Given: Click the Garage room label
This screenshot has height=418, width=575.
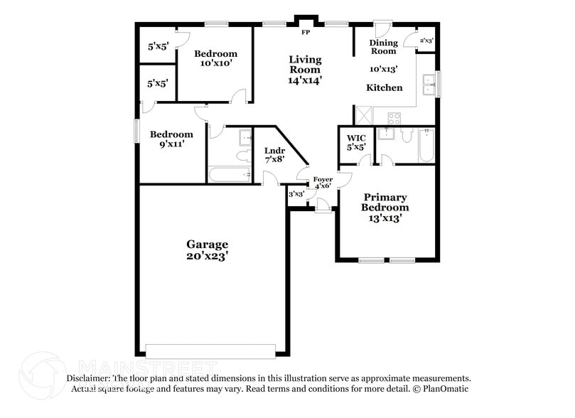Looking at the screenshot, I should click(x=208, y=245).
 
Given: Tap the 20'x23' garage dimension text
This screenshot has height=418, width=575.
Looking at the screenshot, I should click(x=208, y=257).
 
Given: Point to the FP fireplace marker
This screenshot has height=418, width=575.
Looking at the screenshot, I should click(x=306, y=33).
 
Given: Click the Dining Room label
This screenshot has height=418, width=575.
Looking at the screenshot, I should click(x=383, y=47).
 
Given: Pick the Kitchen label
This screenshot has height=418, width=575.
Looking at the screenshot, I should click(x=384, y=88).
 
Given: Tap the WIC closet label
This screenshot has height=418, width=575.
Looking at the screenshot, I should click(x=355, y=138).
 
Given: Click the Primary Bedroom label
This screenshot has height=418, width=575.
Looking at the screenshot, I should click(x=385, y=202).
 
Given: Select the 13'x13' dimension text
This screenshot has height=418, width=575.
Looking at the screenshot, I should click(x=385, y=219).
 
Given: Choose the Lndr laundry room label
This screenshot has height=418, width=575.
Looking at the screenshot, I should click(x=274, y=151).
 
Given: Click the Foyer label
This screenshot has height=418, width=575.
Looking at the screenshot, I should click(x=323, y=180).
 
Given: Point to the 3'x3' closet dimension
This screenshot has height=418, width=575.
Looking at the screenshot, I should click(x=296, y=193).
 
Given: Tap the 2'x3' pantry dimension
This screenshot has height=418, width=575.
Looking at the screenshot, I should click(x=426, y=41).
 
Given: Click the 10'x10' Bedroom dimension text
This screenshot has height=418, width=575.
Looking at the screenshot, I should click(x=215, y=64).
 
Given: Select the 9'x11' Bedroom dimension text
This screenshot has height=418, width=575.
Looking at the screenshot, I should click(x=171, y=144).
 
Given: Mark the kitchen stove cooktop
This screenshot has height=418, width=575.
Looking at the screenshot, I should click(x=394, y=117).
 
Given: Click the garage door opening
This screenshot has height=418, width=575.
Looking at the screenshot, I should click(x=210, y=351).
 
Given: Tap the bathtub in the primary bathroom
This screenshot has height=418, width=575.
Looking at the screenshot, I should click(x=426, y=144).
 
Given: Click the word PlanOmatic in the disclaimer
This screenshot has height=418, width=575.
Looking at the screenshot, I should click(x=445, y=389).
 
